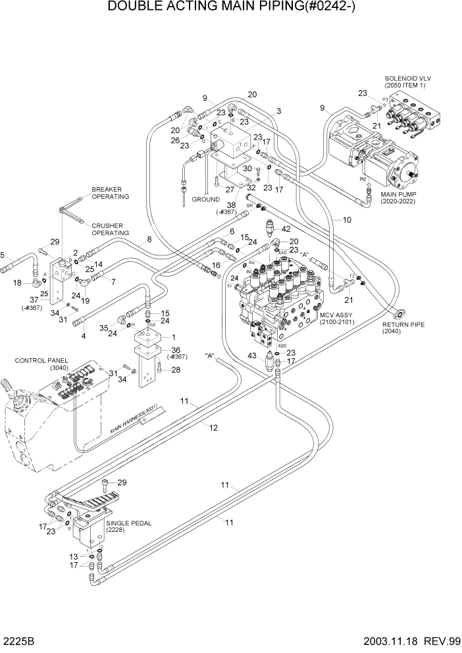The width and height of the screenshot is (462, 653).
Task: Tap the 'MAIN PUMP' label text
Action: [398, 194]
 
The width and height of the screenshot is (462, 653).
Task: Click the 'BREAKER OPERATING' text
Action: [110, 192]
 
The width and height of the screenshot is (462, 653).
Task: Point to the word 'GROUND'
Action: [205, 199]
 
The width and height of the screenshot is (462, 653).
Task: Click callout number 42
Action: [286, 228]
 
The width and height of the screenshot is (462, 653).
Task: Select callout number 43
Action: [251, 356]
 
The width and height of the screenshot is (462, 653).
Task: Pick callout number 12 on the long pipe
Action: [213, 427]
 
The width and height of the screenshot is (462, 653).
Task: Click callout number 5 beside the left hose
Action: [3, 255]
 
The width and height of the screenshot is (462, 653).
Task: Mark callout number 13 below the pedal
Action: [74, 556]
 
